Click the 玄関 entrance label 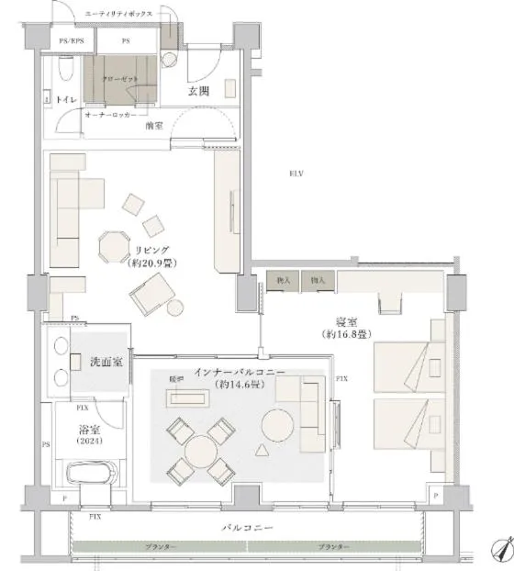point(200,90)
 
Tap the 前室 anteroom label point(154,125)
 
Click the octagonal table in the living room point(115,245)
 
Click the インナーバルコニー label point(240,372)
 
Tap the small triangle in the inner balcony point(263,450)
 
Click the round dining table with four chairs point(200,451)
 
